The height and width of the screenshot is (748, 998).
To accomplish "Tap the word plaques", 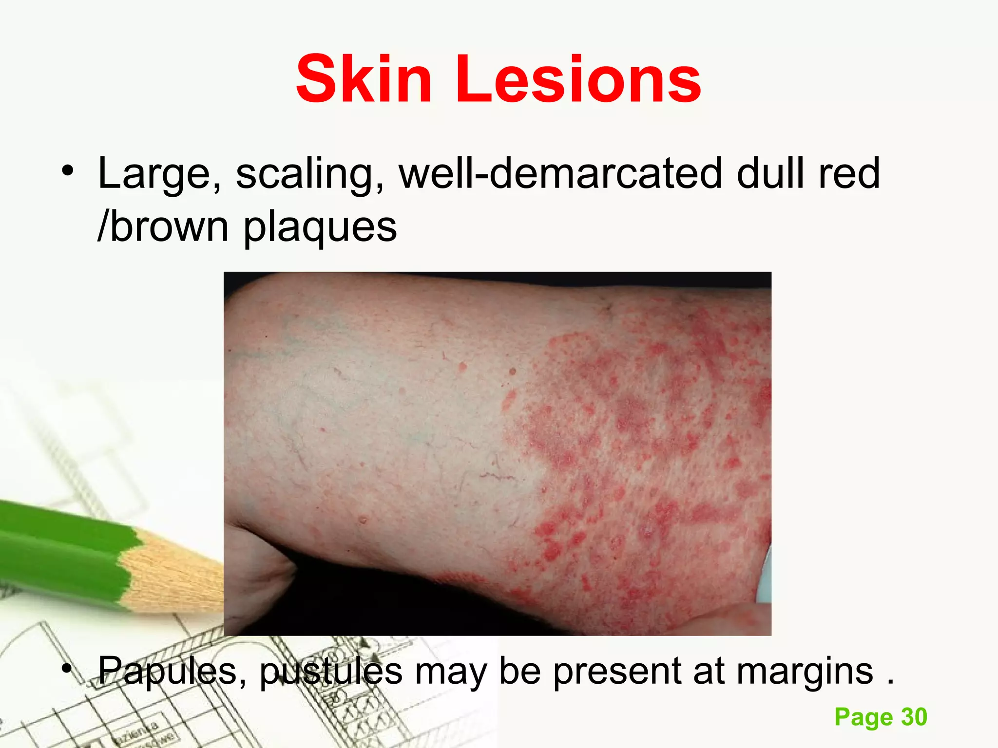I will click(320, 228).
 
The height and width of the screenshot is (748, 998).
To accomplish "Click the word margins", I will click(805, 671).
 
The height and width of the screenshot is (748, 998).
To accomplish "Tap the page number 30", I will click(914, 717).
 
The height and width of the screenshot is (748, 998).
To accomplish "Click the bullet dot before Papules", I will click(67, 668).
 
